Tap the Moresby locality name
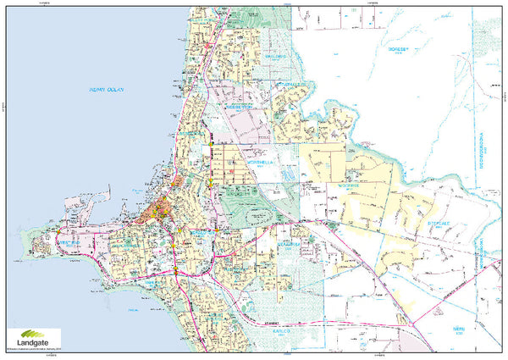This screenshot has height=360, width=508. click(x=398, y=50)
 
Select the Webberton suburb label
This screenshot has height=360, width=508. click(x=240, y=109)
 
